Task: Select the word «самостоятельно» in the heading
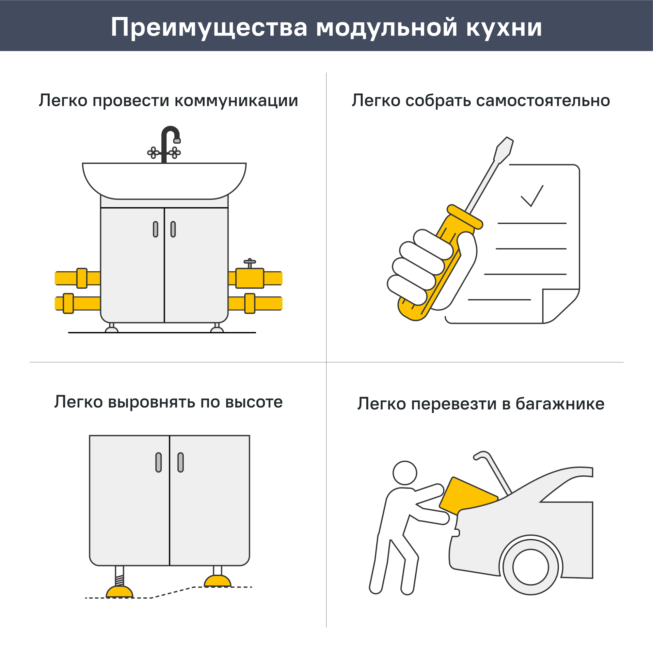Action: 543,101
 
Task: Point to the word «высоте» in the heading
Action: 254,402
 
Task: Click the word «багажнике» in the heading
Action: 560,404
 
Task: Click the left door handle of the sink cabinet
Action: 155,229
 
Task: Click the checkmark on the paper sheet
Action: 532,196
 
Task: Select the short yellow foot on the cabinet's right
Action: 217,581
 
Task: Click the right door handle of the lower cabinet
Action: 181,462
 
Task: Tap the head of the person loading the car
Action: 405,472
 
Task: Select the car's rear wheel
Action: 530,567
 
